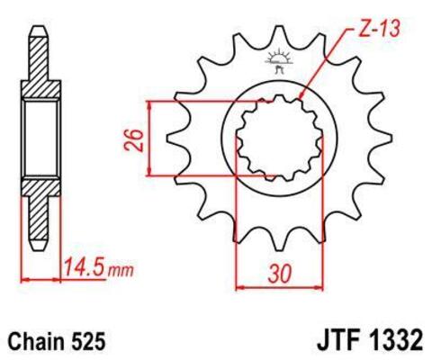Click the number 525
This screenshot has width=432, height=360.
click(90, 342)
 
